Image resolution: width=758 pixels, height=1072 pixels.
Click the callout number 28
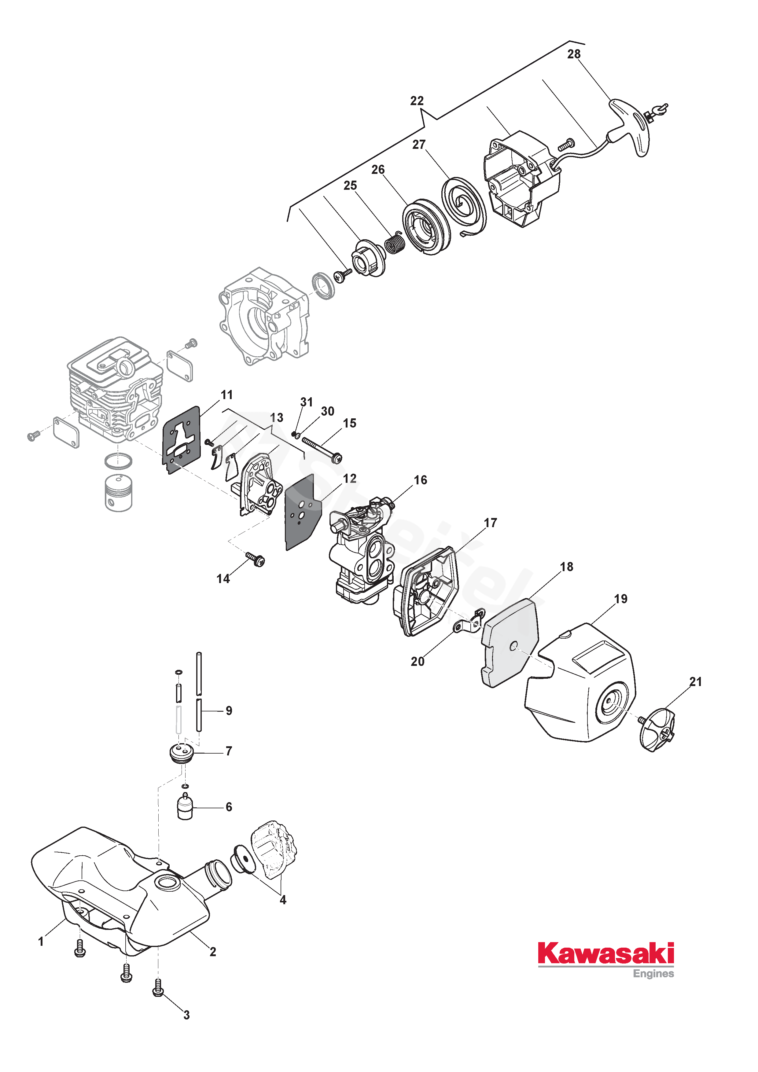pos(574,54)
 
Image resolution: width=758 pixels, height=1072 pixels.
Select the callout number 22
pos(417,101)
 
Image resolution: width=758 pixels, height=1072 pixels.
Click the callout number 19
pos(621,599)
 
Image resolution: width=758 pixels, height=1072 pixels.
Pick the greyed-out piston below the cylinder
pos(119,493)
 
